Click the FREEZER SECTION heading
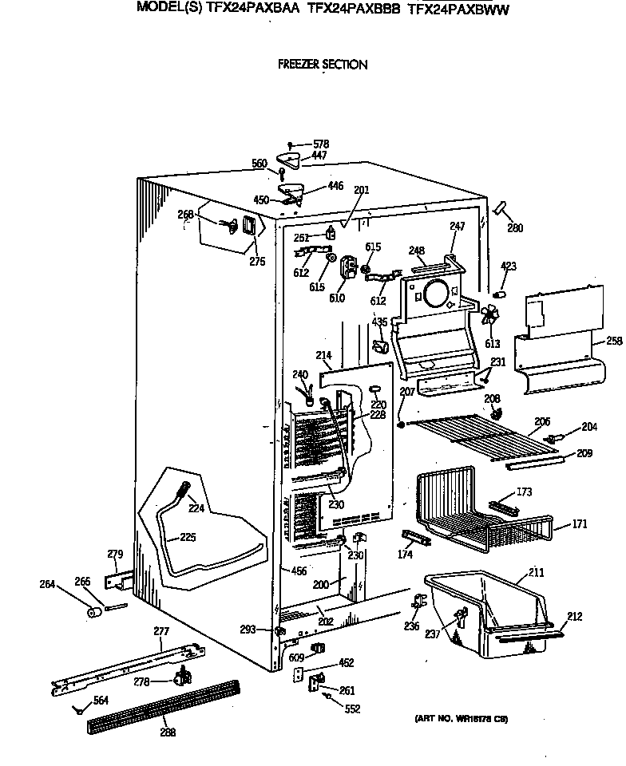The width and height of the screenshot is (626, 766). (322, 65)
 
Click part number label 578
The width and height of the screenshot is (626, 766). (320, 144)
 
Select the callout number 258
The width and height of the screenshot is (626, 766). (613, 341)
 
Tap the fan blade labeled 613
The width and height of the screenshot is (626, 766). (489, 320)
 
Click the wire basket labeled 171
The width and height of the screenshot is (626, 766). (479, 511)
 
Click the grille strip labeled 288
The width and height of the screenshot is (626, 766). (164, 705)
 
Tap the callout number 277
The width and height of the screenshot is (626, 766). (161, 631)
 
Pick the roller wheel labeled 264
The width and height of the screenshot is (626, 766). (94, 613)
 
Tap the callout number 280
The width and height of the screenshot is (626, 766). (515, 228)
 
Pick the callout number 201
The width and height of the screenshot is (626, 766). (361, 190)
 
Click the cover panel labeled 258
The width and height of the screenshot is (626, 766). (559, 343)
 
